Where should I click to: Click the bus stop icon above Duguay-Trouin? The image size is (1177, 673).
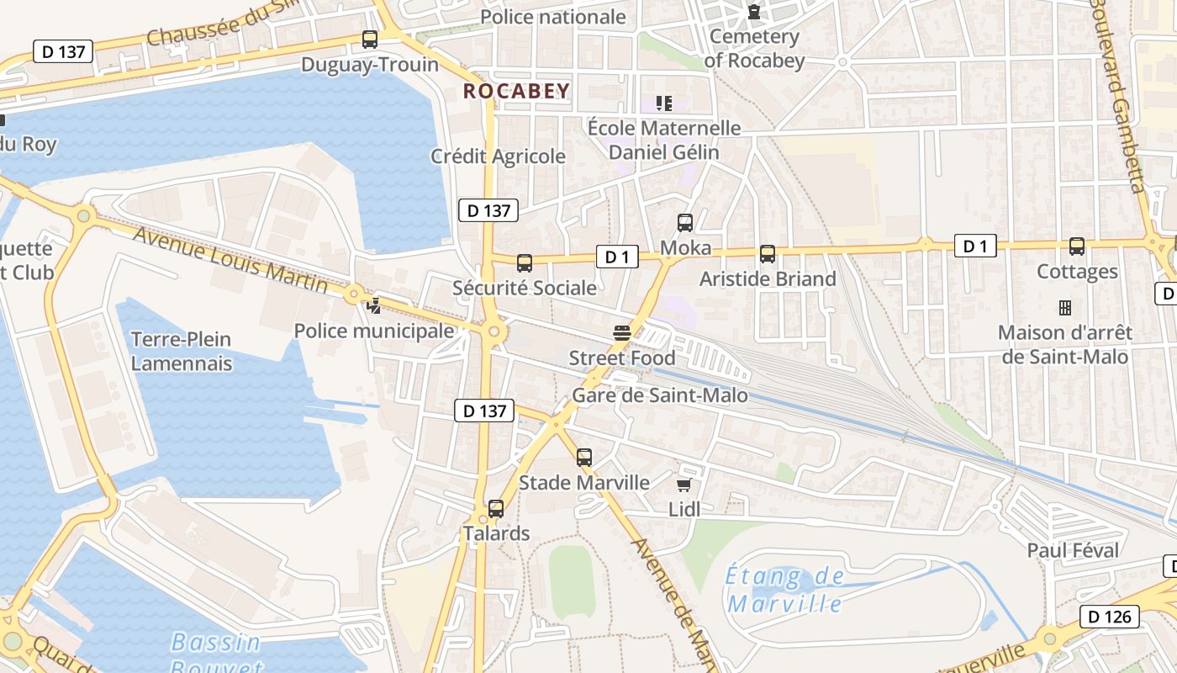(369, 39)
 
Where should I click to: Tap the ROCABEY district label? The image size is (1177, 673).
(516, 91)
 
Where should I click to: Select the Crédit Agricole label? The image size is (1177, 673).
(498, 156)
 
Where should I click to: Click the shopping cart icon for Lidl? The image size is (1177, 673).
(684, 485)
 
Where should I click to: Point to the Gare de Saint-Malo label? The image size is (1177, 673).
(659, 395)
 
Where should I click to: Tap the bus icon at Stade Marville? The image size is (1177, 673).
(584, 458)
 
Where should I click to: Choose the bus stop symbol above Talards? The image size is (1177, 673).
(496, 509)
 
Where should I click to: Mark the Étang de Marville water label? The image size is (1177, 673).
(784, 590)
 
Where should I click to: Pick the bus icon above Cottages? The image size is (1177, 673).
(1076, 246)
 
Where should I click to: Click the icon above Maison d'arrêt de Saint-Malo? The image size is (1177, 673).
(1064, 308)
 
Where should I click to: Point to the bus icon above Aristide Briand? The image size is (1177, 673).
(767, 254)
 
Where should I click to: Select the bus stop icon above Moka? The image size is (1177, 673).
(685, 223)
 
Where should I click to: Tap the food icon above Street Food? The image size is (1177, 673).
(622, 334)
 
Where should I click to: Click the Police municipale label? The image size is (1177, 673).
(373, 331)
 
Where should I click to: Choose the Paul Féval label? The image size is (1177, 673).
(1073, 551)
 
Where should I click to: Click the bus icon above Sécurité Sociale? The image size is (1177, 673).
(525, 263)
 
